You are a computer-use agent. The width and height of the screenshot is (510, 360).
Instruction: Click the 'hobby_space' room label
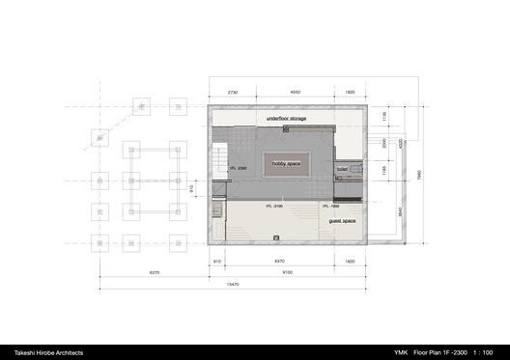pyautogui.click(x=287, y=163)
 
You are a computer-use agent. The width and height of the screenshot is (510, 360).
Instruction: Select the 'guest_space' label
pyautogui.click(x=343, y=221)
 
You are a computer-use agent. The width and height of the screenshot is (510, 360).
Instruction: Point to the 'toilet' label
pyautogui.click(x=342, y=169)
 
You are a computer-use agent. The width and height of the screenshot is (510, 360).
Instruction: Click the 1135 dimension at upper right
pyautogui.click(x=383, y=117)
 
